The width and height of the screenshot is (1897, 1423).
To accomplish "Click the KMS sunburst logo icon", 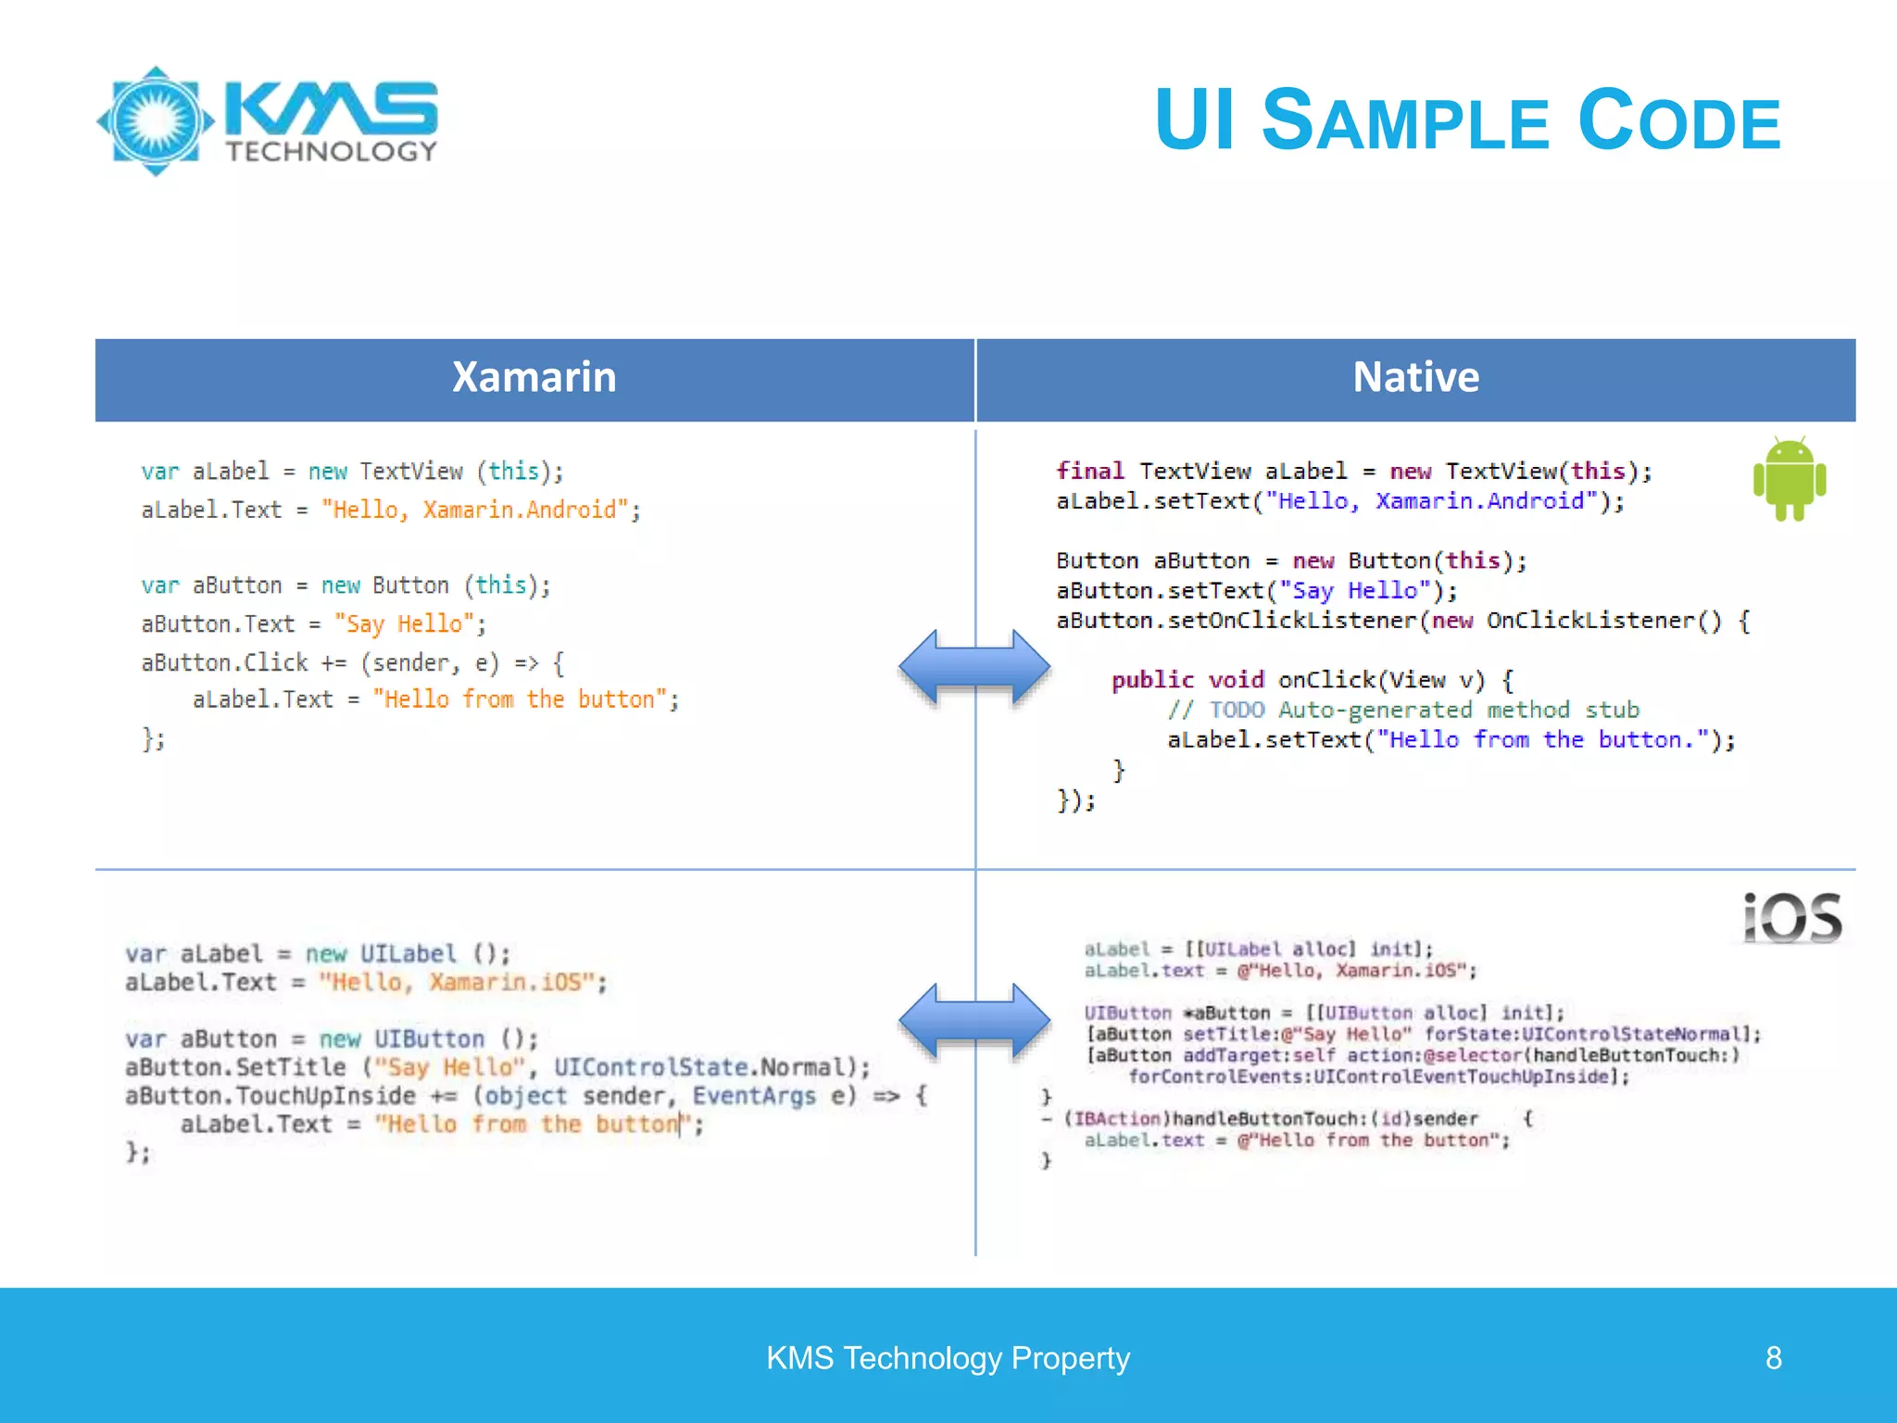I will [156, 120].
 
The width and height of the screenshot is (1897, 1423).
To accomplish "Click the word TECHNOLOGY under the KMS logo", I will [331, 152].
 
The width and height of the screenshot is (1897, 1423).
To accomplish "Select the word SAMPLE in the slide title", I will [1405, 122].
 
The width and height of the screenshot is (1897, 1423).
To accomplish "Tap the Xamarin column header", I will [534, 378].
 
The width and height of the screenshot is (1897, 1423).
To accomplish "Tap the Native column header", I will [1415, 378].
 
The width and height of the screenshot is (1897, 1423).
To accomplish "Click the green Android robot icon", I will [1789, 479].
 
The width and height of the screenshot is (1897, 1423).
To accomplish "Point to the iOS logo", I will [1791, 919].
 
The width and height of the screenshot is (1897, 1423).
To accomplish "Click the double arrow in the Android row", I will [974, 667].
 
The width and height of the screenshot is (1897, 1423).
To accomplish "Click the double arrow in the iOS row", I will [974, 1021].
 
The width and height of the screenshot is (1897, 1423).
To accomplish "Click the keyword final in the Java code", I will [1090, 471].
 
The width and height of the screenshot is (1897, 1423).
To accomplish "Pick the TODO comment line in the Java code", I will [1402, 711].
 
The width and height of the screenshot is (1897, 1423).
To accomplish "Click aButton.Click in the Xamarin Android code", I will [224, 663].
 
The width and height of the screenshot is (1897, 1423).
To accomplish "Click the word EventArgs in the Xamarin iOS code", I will [753, 1096].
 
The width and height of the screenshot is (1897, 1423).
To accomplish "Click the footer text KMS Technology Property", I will [948, 1358].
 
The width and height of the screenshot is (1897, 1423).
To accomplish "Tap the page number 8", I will [1773, 1358].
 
